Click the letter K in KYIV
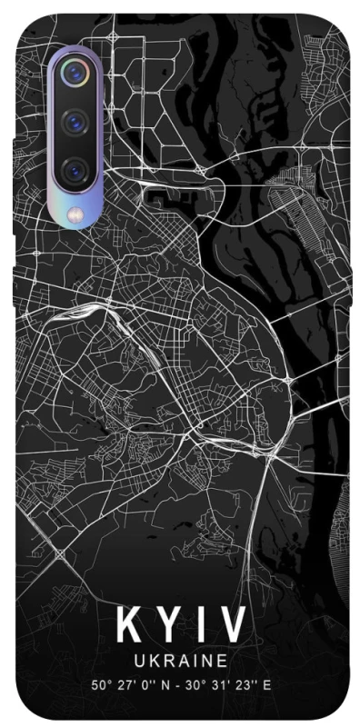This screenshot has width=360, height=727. [x=127, y=626]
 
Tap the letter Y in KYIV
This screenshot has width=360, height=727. [x=164, y=626]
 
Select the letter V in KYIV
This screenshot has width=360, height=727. [x=229, y=626]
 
